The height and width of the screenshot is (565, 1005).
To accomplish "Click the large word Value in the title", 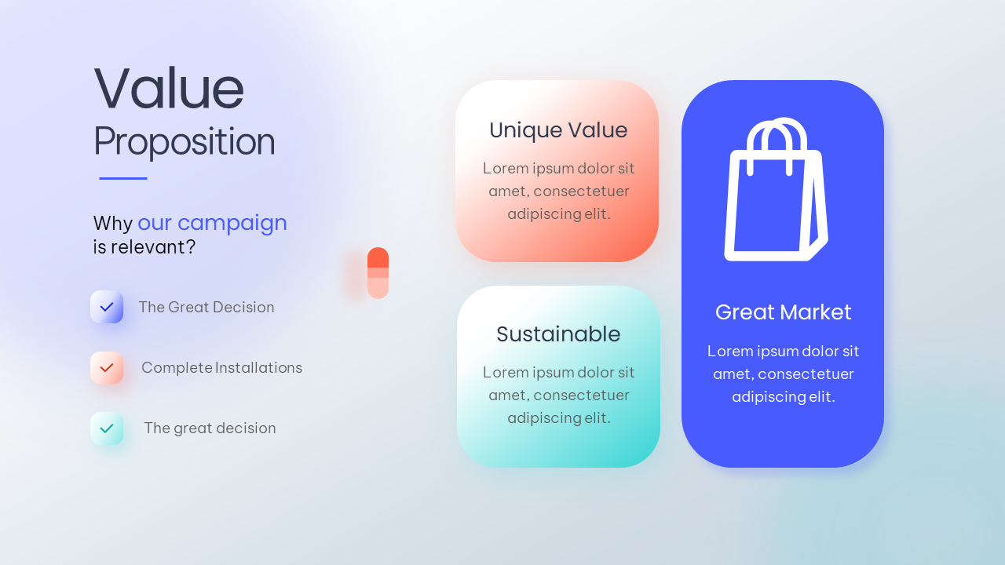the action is click(x=169, y=88).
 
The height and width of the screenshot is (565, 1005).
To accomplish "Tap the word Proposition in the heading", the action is click(x=184, y=142).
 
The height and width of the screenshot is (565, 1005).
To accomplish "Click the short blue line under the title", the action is click(x=123, y=178).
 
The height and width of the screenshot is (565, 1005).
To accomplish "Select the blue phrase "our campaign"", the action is click(x=212, y=224).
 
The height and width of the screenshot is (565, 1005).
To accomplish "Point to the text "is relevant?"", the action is click(x=144, y=247).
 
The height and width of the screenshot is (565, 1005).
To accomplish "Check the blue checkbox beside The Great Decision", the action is click(x=107, y=307).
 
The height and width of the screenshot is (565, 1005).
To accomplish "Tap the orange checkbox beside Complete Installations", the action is click(x=107, y=368).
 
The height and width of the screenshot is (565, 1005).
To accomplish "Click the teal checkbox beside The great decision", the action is click(x=107, y=428).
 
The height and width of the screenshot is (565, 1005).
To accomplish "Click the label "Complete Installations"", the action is click(x=221, y=368).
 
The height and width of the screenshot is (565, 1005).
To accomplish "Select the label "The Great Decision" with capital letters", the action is click(x=206, y=307).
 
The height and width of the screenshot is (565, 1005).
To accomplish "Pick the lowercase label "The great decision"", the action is click(x=210, y=428).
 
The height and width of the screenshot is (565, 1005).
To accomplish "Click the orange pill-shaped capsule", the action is click(x=378, y=272).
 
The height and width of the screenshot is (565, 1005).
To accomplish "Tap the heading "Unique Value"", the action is click(x=558, y=130).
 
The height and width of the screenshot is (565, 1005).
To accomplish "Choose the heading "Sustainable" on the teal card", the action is click(x=558, y=334).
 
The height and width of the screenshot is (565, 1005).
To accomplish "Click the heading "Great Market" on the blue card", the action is click(x=783, y=312).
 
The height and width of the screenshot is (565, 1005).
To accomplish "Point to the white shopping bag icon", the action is click(x=777, y=189).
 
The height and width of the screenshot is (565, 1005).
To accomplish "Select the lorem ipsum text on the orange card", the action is click(x=558, y=191).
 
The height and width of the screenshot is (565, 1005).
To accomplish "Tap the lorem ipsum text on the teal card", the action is click(x=558, y=395).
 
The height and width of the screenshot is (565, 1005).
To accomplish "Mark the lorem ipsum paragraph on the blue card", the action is click(x=783, y=374).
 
